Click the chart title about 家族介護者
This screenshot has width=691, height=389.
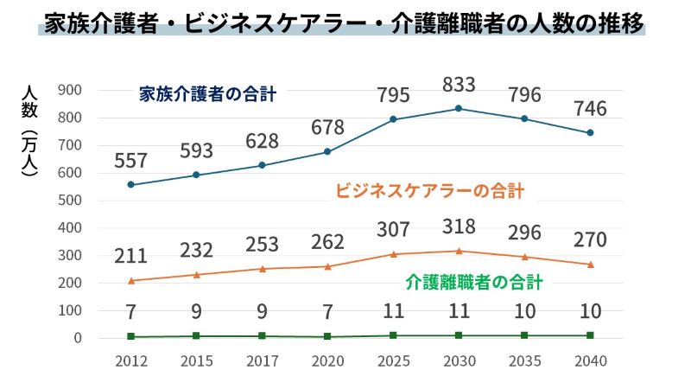click(344, 23)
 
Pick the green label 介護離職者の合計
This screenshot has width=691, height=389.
click(473, 282)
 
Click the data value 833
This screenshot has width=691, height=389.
click(459, 85)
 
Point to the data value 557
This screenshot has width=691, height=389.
click(130, 161)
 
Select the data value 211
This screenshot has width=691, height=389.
click(130, 257)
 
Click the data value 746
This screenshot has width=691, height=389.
click(590, 109)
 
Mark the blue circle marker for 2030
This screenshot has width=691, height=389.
click(459, 108)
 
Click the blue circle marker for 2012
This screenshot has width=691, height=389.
click(130, 184)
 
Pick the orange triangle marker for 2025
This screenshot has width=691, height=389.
click(393, 254)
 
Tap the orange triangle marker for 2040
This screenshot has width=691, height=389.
click(590, 265)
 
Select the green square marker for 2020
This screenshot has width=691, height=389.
click(327, 336)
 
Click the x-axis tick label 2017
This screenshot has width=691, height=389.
click(262, 360)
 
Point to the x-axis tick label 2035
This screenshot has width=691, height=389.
click(524, 360)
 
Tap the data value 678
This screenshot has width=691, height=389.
click(327, 128)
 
